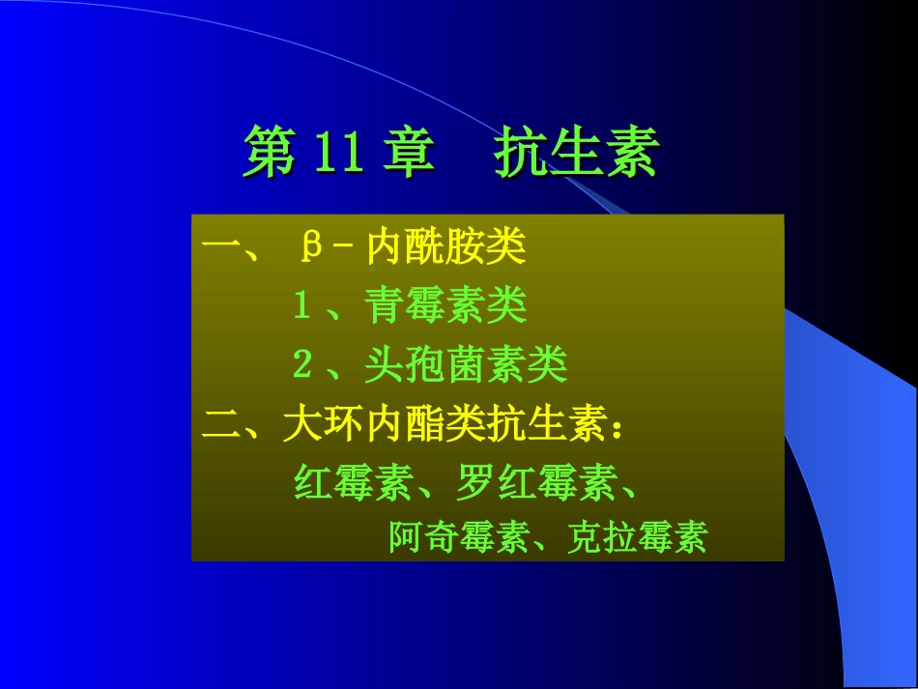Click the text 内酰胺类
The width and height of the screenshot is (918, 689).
tap(445, 248)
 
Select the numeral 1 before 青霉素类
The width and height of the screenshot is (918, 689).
tap(301, 307)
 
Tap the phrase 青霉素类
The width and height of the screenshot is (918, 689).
tap(445, 307)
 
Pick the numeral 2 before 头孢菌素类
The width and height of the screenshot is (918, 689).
tap(301, 365)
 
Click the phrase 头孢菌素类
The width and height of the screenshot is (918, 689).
tap(465, 365)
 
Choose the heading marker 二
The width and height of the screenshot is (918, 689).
tap(221, 425)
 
